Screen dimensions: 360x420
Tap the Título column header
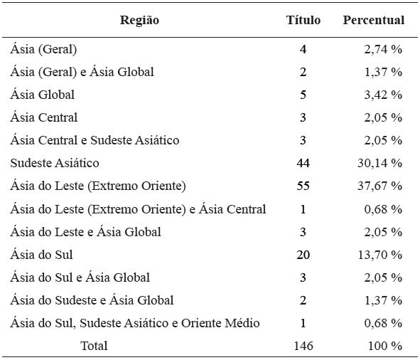303,20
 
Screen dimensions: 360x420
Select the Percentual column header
374,20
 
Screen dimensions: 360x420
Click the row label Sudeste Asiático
55,163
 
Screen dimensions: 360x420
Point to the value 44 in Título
303,163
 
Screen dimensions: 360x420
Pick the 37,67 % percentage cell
379,186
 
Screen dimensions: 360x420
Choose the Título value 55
303,186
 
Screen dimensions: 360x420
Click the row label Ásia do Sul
42,255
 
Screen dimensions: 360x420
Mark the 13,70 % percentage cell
379,255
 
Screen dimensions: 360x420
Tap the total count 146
303,346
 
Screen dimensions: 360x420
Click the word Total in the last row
95,346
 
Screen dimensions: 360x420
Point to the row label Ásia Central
44,117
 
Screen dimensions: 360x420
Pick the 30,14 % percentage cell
379,163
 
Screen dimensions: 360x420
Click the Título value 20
303,255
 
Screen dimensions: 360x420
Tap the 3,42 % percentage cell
382,95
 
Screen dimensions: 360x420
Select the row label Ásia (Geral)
43,49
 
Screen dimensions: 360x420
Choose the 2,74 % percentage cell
382,49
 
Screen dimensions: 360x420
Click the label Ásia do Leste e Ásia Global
86,232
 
